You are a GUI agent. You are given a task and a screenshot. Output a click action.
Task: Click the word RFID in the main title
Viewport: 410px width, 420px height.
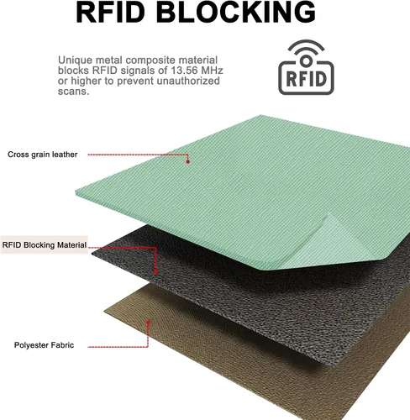111,12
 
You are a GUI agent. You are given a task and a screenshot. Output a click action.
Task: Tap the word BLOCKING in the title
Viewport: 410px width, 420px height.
236,12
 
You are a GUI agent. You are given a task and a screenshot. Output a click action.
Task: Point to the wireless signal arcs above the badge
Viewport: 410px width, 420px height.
306,47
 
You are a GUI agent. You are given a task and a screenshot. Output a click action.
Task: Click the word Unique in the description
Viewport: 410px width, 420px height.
75,60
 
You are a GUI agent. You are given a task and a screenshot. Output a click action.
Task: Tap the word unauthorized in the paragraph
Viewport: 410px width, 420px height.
188,81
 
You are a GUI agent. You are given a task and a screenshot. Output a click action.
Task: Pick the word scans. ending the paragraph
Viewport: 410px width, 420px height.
73,92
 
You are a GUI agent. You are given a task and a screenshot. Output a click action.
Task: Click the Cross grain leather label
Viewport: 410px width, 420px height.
43,155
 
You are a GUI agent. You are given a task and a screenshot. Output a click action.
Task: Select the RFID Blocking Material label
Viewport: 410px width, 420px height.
45,245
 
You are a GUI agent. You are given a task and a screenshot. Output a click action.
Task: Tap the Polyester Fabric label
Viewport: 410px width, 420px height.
44,345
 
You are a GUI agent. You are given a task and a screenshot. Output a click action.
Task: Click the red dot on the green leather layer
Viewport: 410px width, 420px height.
188,161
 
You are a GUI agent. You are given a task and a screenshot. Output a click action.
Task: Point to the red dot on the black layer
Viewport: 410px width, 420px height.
155,272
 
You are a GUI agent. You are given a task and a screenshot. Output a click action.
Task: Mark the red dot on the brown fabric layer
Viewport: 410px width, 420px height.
148,323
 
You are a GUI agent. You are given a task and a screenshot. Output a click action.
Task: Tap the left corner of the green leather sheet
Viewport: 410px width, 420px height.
76,192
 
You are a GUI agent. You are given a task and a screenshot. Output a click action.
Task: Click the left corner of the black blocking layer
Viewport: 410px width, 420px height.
92,255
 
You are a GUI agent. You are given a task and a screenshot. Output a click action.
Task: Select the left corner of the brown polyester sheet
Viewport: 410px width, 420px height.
105,311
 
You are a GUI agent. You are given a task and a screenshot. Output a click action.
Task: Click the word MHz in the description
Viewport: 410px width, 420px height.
212,71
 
